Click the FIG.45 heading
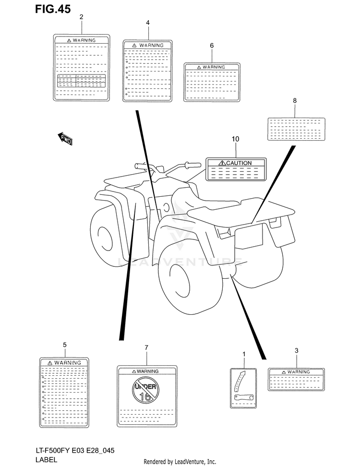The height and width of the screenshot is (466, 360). coord(53,9)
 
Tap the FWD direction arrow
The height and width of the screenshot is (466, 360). coord(65,138)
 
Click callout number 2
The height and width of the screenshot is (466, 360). coord(81,17)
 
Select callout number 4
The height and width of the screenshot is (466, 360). coord(148,23)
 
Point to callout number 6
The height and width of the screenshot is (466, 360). coord(212,46)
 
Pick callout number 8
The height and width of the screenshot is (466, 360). coord(295,100)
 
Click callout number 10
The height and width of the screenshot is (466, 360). coord(236,139)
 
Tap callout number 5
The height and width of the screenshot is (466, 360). coord(64,345)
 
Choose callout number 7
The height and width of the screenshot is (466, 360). coord(146,347)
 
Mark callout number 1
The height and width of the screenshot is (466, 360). coord(244,354)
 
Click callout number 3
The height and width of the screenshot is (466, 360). coord(296,351)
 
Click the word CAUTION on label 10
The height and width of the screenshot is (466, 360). coord(239,163)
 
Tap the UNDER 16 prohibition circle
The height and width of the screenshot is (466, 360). coord(145,390)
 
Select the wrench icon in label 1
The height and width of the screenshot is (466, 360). coord(243,397)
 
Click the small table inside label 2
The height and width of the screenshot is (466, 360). coord(81,81)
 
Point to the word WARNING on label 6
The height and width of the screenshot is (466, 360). coord(214,67)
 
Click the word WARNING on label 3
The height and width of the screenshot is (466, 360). coord(299,372)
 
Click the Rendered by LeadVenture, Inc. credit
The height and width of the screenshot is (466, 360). coord(180,462)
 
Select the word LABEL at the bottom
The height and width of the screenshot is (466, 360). coord(46,460)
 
